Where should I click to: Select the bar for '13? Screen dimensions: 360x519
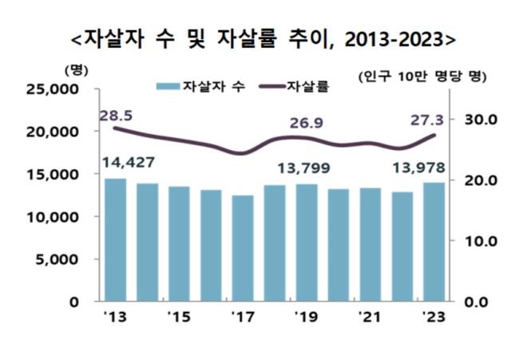coord(115,239)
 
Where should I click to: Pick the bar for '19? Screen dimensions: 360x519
coord(307,243)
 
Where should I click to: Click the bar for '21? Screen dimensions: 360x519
coord(370,244)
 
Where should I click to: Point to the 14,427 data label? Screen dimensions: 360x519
coord(129,164)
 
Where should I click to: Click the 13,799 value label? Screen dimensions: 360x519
coord(303,168)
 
